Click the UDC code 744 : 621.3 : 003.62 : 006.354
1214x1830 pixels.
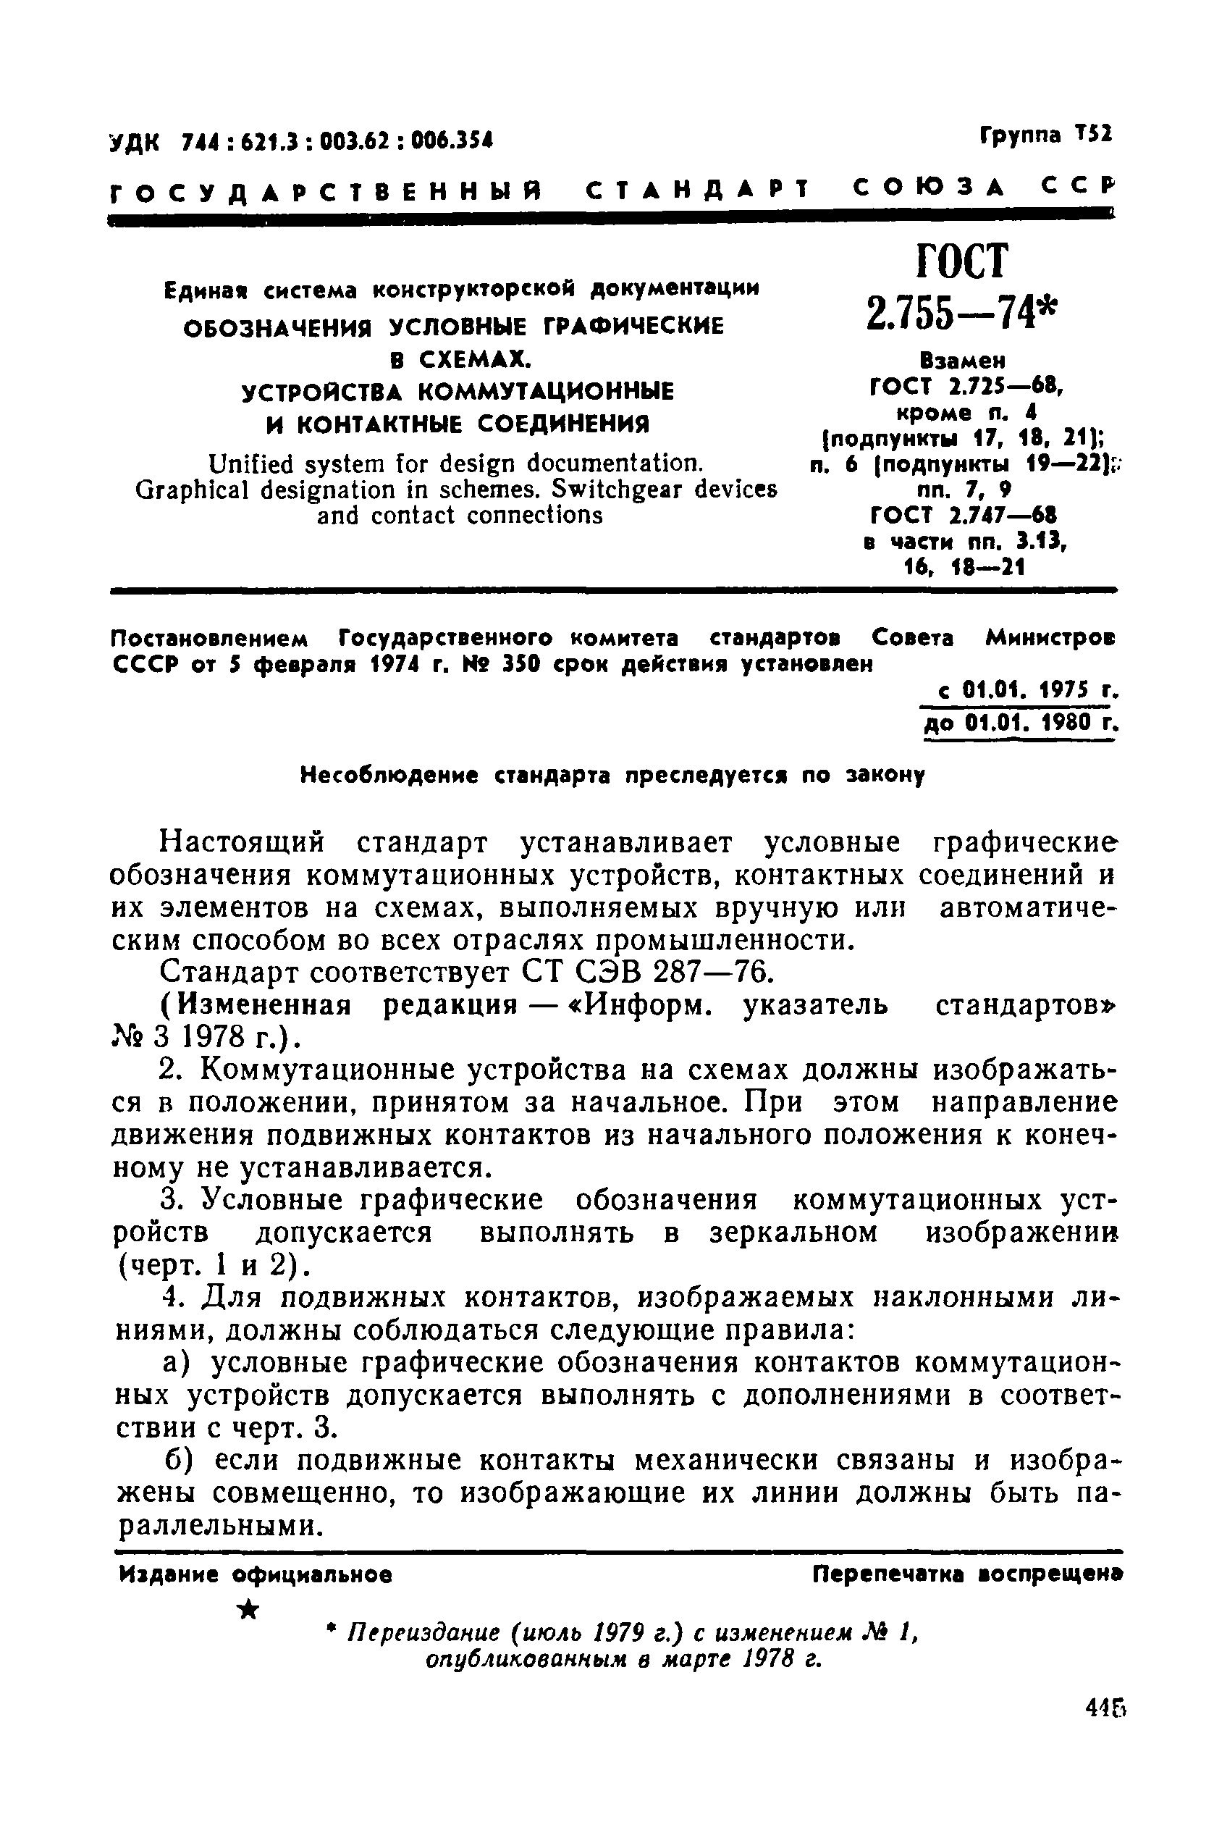(336, 142)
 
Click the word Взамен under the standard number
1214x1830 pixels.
(962, 361)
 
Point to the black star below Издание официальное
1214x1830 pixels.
(248, 1610)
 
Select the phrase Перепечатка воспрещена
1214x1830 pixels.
(967, 1574)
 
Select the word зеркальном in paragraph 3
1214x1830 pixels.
(793, 1232)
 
